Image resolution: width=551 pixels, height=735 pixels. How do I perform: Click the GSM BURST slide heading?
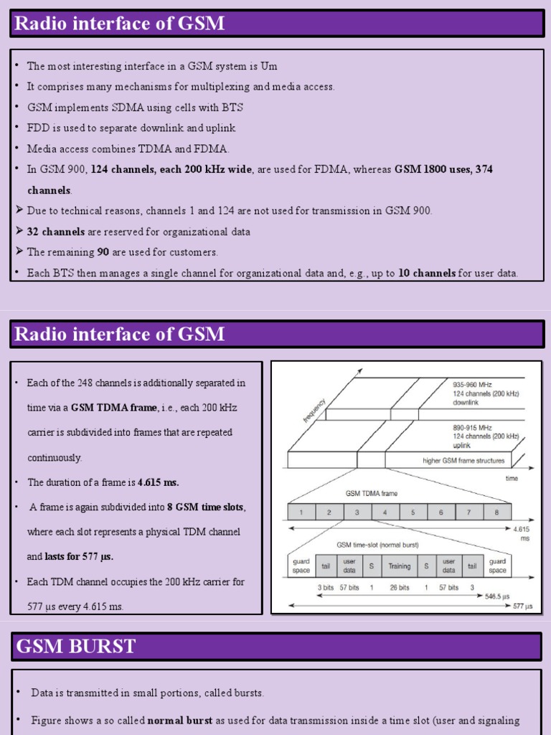tap(75, 647)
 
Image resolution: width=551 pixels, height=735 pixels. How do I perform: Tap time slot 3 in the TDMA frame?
tap(357, 512)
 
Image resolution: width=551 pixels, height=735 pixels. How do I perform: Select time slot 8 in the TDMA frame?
tap(496, 512)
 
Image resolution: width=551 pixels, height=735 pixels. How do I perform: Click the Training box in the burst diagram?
tap(399, 566)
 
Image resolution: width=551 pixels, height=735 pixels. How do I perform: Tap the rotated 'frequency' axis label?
tap(314, 411)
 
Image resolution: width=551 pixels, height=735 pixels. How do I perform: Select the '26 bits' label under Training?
tap(399, 587)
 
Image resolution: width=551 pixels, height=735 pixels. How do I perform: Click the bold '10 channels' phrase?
tap(427, 273)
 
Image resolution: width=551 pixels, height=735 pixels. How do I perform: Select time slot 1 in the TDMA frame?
tap(301, 512)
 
